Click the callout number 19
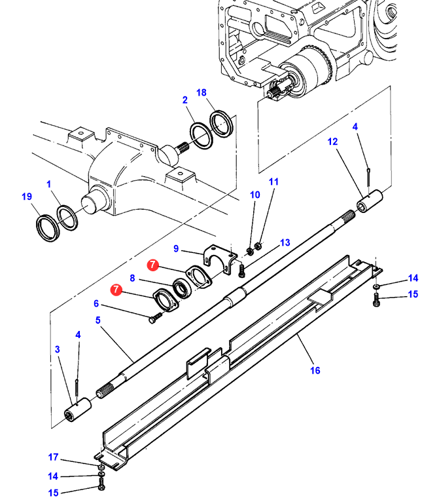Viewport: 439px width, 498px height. click(x=27, y=197)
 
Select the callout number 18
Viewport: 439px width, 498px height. click(x=202, y=93)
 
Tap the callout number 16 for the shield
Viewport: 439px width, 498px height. click(x=315, y=370)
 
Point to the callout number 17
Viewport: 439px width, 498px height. click(x=53, y=457)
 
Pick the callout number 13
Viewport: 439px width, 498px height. click(x=285, y=242)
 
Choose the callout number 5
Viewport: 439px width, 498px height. click(x=97, y=320)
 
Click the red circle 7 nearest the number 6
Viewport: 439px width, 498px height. click(x=116, y=290)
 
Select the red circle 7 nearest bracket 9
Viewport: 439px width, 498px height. click(x=153, y=265)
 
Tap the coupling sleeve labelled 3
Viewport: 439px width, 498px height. click(x=78, y=410)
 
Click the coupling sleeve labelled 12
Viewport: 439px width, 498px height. click(x=370, y=201)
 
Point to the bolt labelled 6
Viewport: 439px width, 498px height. click(x=156, y=318)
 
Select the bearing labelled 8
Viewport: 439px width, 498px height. click(x=182, y=288)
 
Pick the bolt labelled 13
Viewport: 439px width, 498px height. click(x=241, y=271)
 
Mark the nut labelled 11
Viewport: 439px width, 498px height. click(x=258, y=246)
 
